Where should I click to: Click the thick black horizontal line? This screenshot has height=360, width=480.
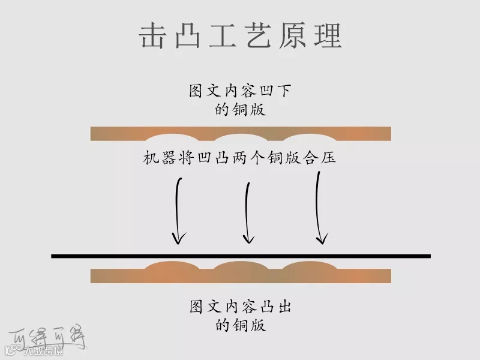(241, 256)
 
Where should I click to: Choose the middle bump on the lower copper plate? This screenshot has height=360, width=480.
(241, 266)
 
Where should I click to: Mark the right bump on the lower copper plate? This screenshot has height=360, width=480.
(310, 266)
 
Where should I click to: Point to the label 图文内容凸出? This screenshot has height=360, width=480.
(240, 307)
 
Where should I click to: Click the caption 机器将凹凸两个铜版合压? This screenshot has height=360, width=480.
(240, 158)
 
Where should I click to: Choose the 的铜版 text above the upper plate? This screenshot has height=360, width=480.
(240, 110)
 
